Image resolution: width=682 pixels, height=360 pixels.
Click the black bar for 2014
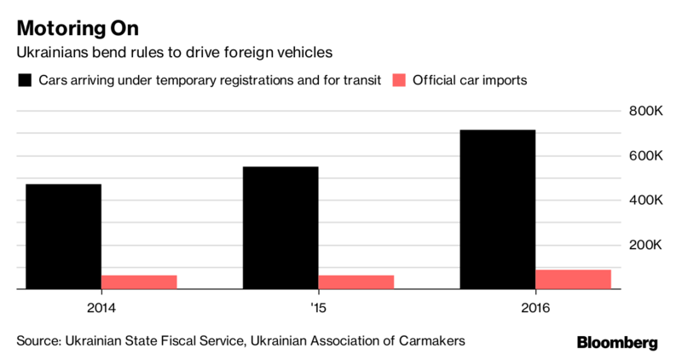(x=63, y=236)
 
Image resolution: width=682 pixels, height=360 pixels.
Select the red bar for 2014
(x=139, y=282)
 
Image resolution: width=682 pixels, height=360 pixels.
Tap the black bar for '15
(x=280, y=228)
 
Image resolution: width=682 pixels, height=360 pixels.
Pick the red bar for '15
(x=356, y=282)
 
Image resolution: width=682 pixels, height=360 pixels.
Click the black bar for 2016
(x=498, y=210)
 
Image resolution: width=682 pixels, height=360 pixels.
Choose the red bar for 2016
(x=574, y=279)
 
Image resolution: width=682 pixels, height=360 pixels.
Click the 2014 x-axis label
(x=101, y=307)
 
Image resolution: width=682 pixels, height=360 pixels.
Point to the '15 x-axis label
(x=318, y=307)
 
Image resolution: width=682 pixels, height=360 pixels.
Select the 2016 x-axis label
(x=535, y=307)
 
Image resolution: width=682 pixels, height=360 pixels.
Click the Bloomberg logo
(x=617, y=343)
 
